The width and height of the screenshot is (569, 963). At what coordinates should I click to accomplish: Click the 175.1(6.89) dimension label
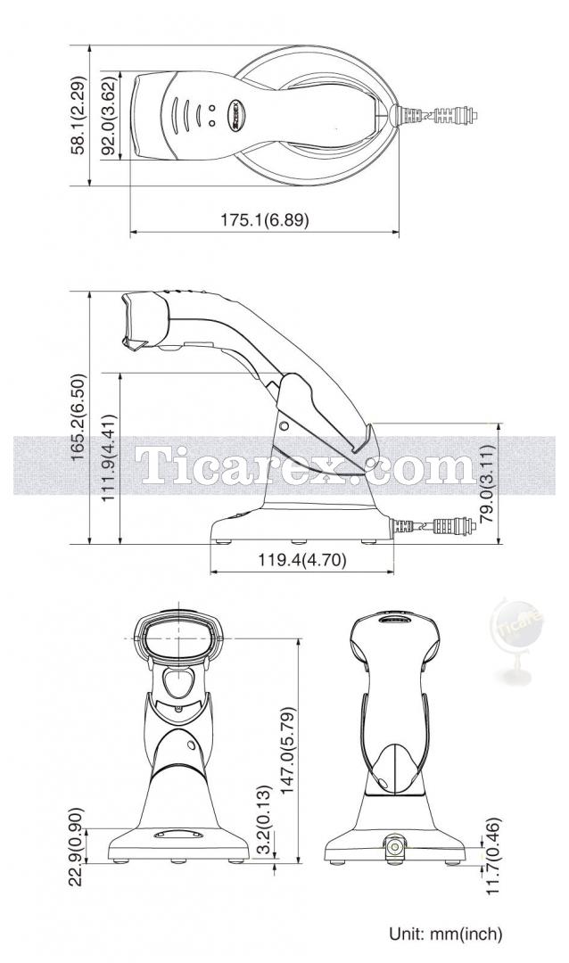pos(265,220)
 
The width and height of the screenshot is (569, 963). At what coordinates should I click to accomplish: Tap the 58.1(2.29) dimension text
pos(78,115)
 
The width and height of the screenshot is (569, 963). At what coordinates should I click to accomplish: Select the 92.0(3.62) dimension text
pos(108,115)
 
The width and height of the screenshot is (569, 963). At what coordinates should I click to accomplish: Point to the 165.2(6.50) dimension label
pos(78,417)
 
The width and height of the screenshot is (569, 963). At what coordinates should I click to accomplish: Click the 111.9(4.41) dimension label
pos(109,457)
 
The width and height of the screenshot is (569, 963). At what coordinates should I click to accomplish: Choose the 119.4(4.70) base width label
pos(301,559)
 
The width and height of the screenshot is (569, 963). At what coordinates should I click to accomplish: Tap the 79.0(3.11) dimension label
pos(487,484)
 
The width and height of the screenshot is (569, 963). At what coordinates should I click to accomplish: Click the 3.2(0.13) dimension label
pos(263,820)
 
